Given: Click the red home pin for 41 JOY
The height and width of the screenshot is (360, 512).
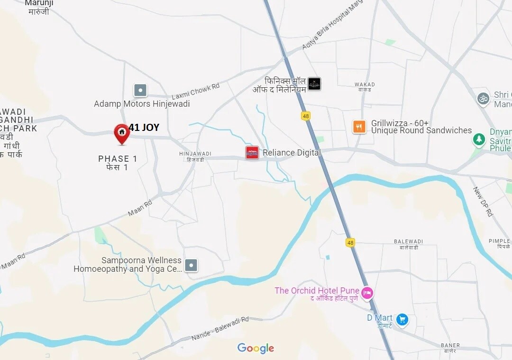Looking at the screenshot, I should [x=122, y=133].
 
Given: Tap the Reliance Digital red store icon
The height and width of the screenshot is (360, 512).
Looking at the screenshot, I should [x=252, y=153].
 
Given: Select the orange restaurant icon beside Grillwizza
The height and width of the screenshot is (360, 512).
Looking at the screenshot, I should [x=359, y=127].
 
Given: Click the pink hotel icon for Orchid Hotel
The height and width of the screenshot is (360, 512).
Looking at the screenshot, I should [x=367, y=293].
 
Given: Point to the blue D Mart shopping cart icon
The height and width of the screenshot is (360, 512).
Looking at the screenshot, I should [x=402, y=320].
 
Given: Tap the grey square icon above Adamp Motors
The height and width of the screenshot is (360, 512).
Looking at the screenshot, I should [x=140, y=90].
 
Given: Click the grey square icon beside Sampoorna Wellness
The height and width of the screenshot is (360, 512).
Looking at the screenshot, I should [x=191, y=265].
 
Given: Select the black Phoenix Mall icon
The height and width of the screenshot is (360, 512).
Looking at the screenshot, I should [x=314, y=84].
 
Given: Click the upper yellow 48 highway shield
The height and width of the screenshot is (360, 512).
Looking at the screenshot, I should [x=306, y=116].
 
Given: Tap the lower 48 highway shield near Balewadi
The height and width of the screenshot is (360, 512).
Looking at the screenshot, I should [x=350, y=242].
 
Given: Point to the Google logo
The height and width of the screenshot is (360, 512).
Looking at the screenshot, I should [x=256, y=349].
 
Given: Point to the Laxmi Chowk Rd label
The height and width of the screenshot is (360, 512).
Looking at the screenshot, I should [x=195, y=91].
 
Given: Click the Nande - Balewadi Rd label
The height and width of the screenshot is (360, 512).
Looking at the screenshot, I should [x=220, y=329].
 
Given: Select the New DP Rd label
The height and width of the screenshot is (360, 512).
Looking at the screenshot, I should [x=483, y=202].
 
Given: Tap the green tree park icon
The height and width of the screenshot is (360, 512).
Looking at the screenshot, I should [x=479, y=140].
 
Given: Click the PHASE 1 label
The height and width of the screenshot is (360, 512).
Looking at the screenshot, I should [x=118, y=159].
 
